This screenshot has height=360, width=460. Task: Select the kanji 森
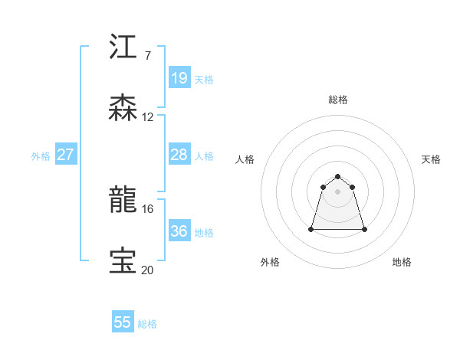tap(123, 108)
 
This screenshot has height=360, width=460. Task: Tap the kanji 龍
tap(123, 200)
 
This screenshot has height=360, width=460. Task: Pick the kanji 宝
tap(123, 261)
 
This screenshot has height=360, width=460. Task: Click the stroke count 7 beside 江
tap(147, 56)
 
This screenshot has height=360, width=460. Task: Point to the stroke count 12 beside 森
tap(147, 117)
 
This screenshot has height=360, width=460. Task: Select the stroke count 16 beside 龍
tap(147, 208)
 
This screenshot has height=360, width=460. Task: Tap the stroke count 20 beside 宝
tap(147, 270)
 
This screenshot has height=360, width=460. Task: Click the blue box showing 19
tap(179, 78)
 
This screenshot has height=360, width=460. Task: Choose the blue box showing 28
tap(179, 155)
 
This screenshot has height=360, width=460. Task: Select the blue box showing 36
tap(179, 231)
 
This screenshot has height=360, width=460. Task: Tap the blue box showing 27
tap(65, 155)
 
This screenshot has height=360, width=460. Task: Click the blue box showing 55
tap(123, 322)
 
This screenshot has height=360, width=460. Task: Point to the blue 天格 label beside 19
tap(204, 80)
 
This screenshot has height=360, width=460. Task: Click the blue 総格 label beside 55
tap(147, 324)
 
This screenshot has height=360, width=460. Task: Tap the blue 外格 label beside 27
tap(41, 156)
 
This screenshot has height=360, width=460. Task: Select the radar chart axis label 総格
tap(338, 100)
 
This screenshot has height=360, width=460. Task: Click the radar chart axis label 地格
tap(402, 262)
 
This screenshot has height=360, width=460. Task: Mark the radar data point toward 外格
tap(312, 229)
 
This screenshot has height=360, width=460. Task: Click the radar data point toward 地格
tap(364, 229)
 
